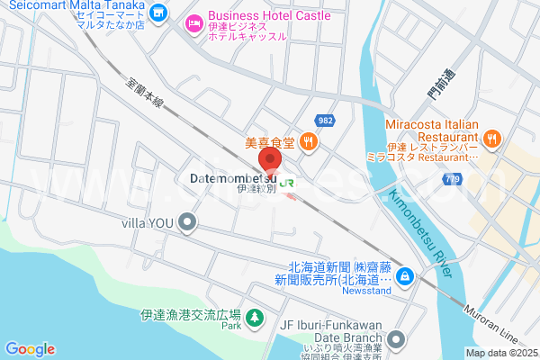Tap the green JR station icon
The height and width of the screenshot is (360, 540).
[289, 182]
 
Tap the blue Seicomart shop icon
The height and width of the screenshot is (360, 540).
[159, 13]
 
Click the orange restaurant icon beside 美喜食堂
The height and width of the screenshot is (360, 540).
[309, 140]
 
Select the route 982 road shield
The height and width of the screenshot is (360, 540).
[326, 121]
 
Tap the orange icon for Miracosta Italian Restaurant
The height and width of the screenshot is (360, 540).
[490, 139]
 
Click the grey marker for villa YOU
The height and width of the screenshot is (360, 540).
[187, 221]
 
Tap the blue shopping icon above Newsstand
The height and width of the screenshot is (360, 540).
[405, 274]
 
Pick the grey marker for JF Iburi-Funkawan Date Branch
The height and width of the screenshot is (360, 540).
[397, 339]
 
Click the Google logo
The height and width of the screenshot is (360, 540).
[30, 349]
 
